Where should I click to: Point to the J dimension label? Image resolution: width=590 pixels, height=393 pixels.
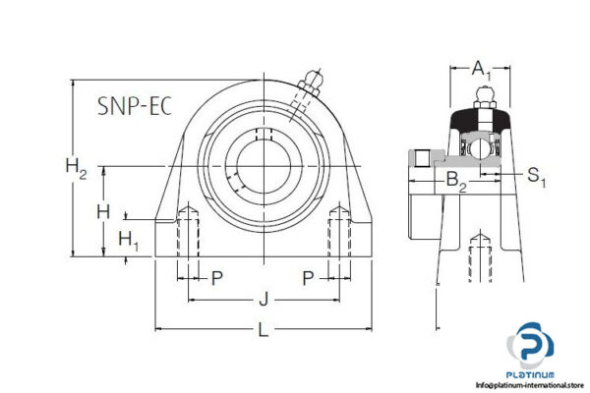[263, 299]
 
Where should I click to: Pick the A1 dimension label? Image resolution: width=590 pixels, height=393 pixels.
[479, 68]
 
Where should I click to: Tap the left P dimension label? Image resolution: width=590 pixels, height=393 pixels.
[217, 278]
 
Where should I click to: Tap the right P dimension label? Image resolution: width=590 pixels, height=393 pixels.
[308, 278]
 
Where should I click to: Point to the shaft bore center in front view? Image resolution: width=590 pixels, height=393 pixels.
[262, 163]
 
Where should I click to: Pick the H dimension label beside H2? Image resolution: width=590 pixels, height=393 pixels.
[102, 210]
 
